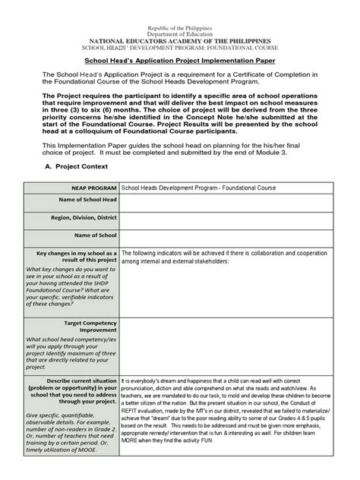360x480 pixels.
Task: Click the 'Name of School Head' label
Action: pos(88,200)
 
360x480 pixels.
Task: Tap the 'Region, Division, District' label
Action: pos(82,218)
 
